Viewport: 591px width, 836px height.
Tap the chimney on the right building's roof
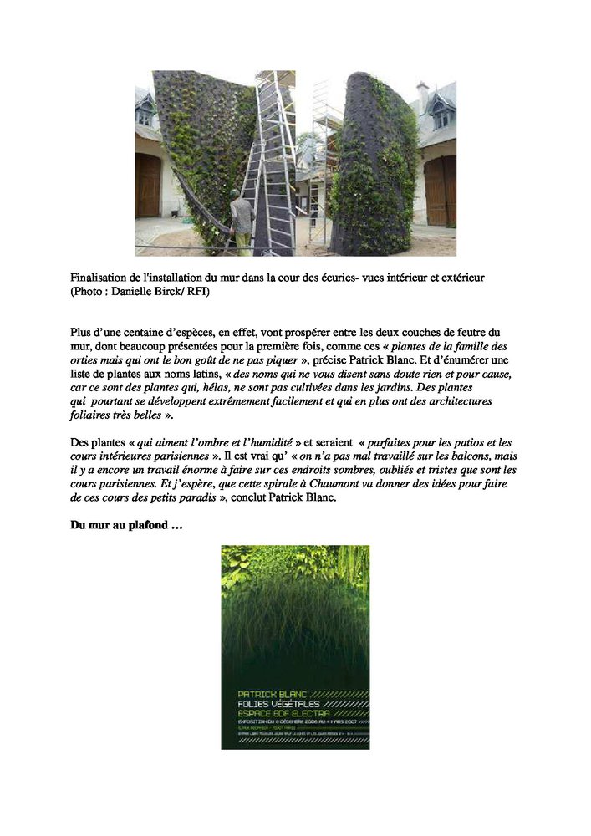pos(423,94)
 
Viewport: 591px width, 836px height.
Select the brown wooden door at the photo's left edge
pos(146,185)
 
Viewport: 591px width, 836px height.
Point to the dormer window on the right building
pos(441,114)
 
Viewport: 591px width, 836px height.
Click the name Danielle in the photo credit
pos(130,290)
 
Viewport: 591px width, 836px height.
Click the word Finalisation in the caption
pos(100,277)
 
